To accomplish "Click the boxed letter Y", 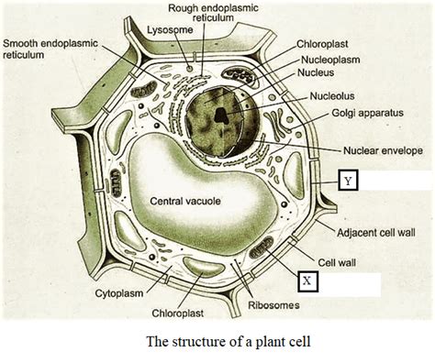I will point(347,181).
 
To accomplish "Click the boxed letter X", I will point(309,281).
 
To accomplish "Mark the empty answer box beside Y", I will point(396,181).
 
